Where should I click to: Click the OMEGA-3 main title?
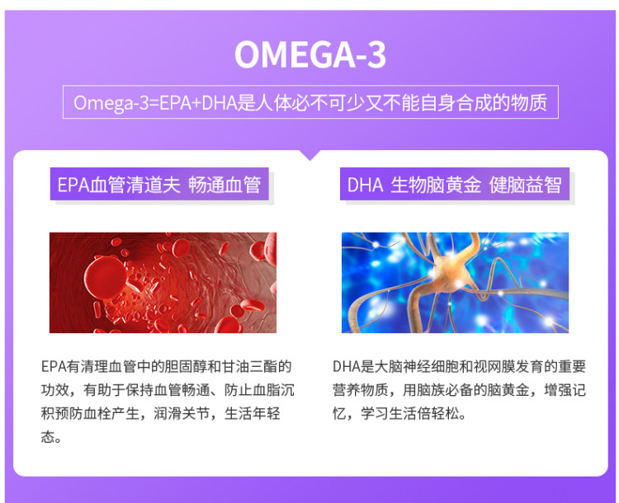(310, 54)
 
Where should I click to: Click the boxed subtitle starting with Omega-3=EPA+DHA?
(310, 101)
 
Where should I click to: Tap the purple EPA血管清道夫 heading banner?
(159, 184)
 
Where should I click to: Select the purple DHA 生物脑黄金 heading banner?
(455, 184)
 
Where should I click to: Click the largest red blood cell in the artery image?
(106, 277)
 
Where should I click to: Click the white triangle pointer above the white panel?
(310, 155)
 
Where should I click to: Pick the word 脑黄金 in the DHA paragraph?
(508, 390)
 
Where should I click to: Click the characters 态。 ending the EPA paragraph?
(51, 437)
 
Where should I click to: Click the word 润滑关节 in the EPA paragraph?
(182, 414)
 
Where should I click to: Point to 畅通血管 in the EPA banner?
(224, 184)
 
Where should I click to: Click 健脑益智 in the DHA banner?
(525, 184)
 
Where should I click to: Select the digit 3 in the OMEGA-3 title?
(376, 54)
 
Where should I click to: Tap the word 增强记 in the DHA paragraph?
(565, 390)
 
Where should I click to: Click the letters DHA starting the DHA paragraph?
(346, 366)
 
